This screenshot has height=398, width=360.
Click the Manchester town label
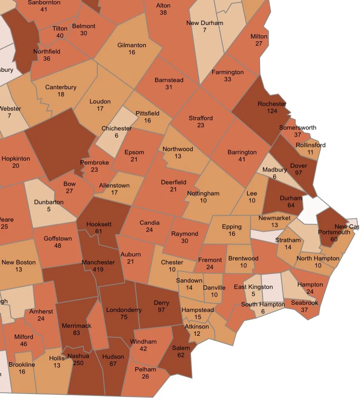point(98,262)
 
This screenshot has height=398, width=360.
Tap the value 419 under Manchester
point(98,269)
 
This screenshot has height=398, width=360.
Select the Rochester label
point(272,104)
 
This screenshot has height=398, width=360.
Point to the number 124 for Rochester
point(272,111)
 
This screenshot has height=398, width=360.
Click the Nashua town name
point(79,356)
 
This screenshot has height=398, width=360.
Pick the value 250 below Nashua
point(79,363)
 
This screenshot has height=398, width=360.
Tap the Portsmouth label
point(334,232)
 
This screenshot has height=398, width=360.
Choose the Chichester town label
point(117,129)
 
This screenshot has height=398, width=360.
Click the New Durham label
point(205,23)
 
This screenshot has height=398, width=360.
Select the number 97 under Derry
point(161,310)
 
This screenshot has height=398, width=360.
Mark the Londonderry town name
point(124,310)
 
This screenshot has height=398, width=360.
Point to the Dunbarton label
point(49,202)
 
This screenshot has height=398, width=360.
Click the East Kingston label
point(253,287)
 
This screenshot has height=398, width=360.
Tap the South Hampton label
point(263,305)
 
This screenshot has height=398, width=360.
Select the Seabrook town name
point(304,303)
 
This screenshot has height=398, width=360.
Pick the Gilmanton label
point(132,45)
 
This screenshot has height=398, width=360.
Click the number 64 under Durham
point(291,205)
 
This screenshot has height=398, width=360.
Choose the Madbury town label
point(274,170)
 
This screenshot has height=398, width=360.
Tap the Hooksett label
point(99,224)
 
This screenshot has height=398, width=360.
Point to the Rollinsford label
point(310,145)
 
